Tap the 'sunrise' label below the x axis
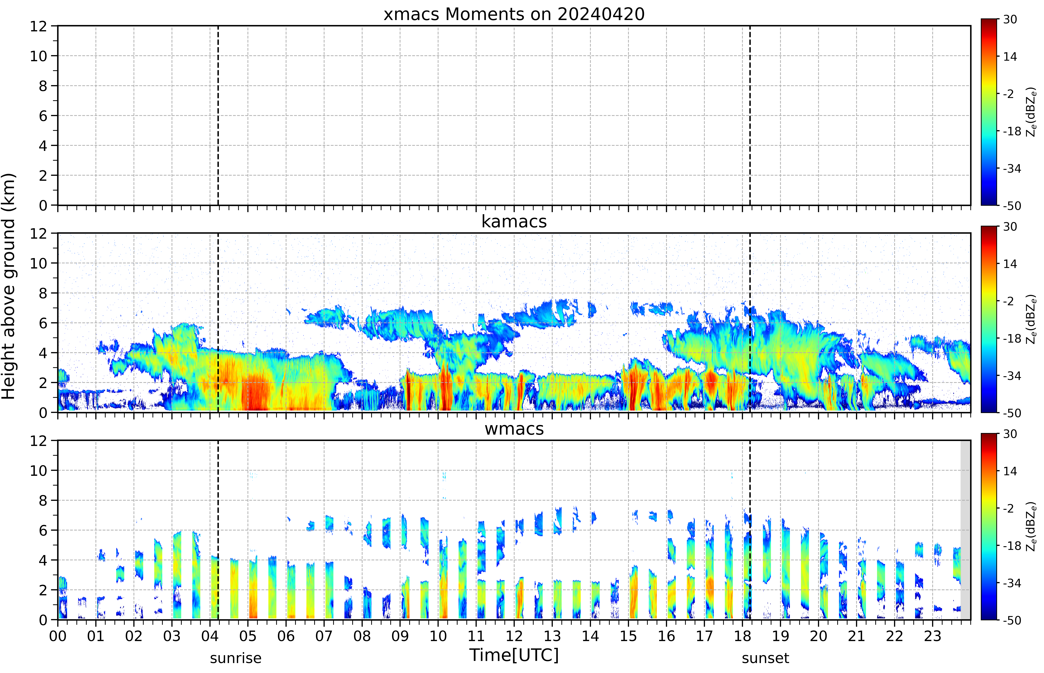click(x=236, y=658)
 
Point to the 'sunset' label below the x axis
click(x=765, y=658)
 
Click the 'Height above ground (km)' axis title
click(x=9, y=286)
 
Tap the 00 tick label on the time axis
click(x=58, y=636)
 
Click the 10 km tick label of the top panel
click(x=38, y=56)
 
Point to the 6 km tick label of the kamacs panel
click(x=43, y=323)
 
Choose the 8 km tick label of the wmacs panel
click(x=43, y=500)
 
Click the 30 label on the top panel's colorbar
click(x=1010, y=20)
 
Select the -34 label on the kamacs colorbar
click(x=1012, y=376)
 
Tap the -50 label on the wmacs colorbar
click(x=1012, y=620)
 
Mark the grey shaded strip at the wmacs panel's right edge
click(x=965, y=530)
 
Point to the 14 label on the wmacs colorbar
click(x=1010, y=471)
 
